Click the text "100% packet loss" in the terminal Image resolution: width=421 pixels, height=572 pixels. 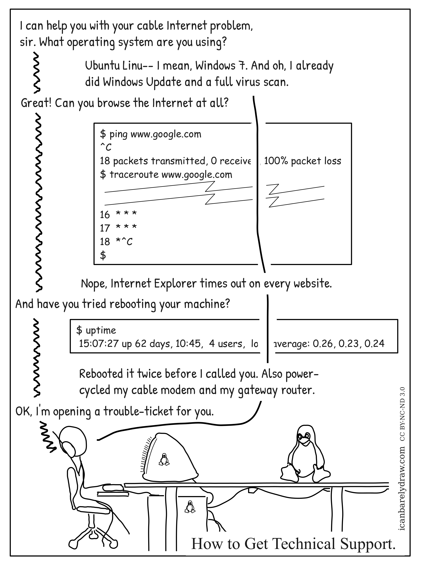302,161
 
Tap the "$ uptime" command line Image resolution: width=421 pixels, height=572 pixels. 96,330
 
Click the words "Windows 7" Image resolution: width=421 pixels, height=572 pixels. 221,66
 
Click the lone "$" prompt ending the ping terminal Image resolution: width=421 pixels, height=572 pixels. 103,255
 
